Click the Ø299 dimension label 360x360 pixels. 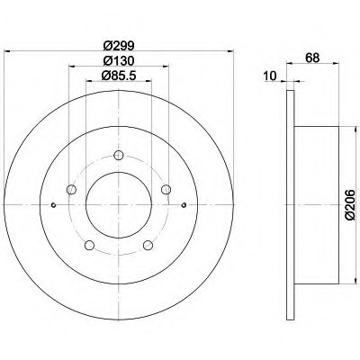[118, 46]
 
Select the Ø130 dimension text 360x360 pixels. [118, 61]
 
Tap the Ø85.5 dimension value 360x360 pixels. [119, 76]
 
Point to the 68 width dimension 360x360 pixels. [312, 58]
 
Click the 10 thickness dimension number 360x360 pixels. [271, 76]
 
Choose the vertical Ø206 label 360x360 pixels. [350, 205]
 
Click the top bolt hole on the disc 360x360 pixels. [119, 155]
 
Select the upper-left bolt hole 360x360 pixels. [71, 190]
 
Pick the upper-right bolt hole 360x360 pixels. [166, 190]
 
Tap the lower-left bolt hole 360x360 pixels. [89, 245]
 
